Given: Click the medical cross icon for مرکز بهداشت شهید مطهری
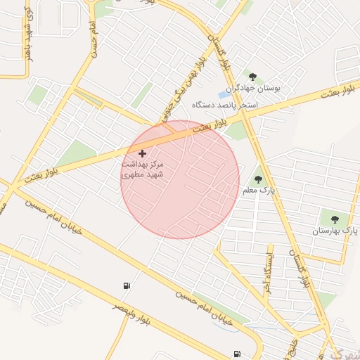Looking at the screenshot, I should [x=142, y=153].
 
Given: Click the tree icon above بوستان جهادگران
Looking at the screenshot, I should [x=252, y=77].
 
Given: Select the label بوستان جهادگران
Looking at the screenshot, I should [x=257, y=89].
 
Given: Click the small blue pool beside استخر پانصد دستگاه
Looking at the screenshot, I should [x=223, y=94].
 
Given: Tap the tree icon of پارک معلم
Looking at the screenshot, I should [x=257, y=180].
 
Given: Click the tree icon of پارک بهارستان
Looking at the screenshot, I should [x=334, y=220].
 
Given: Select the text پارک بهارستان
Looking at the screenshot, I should [x=336, y=231].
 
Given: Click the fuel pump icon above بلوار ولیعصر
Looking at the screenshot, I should [x=126, y=285].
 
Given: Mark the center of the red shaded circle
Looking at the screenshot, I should [x=180, y=179].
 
